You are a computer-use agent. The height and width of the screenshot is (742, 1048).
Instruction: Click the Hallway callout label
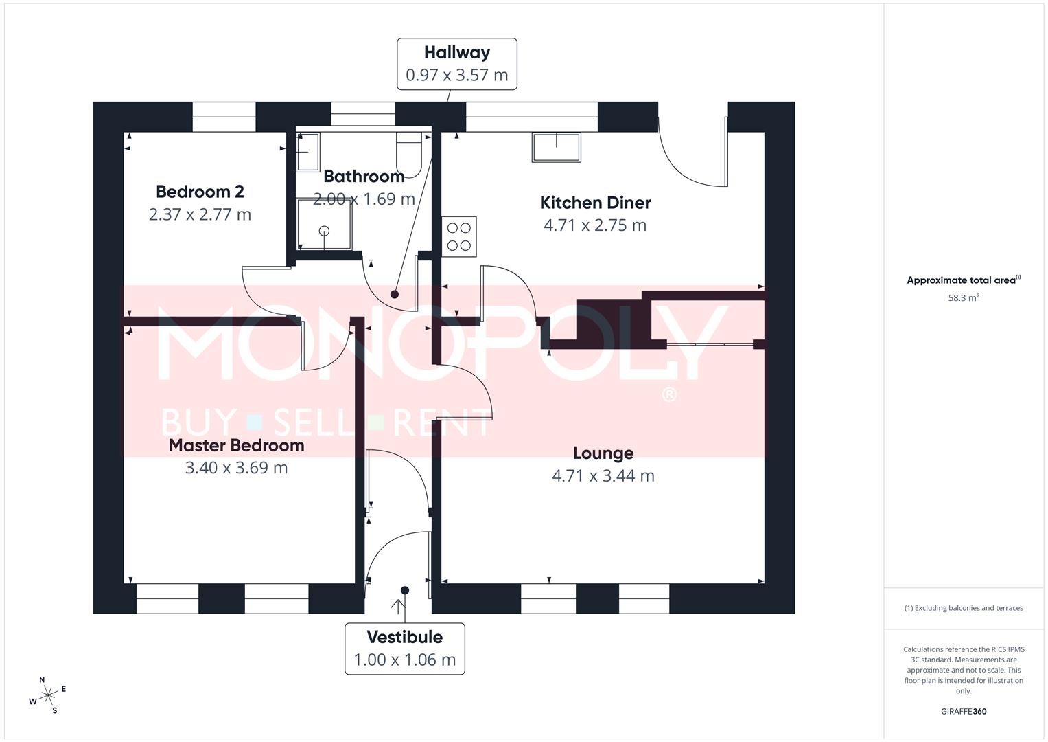(456, 53)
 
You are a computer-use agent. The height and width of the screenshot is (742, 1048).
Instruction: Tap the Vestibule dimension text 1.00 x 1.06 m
(404, 660)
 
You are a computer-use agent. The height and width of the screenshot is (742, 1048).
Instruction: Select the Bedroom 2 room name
(200, 192)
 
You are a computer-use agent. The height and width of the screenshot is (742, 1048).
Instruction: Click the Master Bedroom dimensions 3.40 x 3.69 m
(236, 468)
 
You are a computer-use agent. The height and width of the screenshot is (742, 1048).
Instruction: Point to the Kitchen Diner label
(595, 203)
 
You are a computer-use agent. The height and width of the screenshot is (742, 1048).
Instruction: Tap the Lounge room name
(603, 453)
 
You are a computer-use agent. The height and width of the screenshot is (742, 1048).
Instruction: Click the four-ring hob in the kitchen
(459, 237)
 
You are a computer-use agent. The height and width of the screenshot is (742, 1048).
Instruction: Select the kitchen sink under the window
(556, 146)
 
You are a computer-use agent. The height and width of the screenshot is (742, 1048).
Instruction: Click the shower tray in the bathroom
(324, 224)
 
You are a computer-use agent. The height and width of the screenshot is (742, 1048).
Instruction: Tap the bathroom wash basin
(307, 152)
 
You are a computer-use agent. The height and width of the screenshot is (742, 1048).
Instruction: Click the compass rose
(47, 696)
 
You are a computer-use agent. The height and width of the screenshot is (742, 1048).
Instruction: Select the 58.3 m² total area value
(964, 298)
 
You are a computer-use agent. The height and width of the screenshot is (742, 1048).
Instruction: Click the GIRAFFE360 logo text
(963, 712)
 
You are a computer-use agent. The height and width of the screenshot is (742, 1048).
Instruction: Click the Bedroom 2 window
(224, 116)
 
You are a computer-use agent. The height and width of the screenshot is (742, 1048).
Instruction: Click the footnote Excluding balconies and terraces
(964, 608)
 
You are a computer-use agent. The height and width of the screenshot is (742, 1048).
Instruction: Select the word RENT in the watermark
(443, 423)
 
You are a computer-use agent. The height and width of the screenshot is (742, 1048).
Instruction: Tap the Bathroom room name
(364, 177)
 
